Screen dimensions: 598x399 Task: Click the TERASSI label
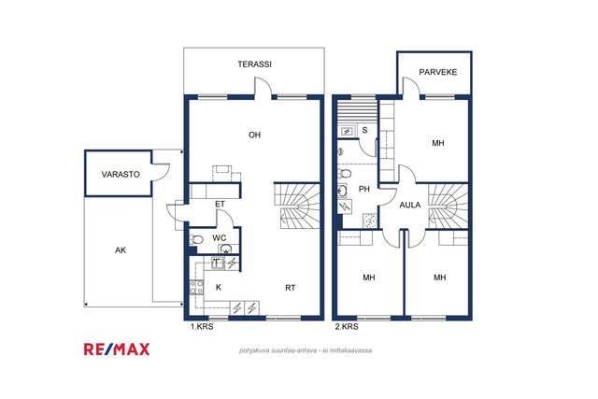pyautogui.click(x=254, y=64)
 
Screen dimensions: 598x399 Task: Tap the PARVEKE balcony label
pyautogui.click(x=438, y=72)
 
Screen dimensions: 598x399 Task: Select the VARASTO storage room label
pyautogui.click(x=121, y=175)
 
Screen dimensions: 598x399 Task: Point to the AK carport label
pyautogui.click(x=121, y=250)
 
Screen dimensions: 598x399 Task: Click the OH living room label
pyautogui.click(x=254, y=135)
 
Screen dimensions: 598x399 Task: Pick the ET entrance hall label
pyautogui.click(x=220, y=204)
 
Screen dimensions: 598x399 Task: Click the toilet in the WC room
pyautogui.click(x=196, y=239)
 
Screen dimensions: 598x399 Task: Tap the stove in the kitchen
pyautogui.click(x=196, y=287)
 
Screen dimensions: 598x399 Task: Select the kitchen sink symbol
pyautogui.click(x=218, y=264)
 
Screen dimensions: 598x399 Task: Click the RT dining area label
pyautogui.click(x=291, y=288)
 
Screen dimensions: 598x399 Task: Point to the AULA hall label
pyautogui.click(x=410, y=205)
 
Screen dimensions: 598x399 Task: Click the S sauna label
pyautogui.click(x=365, y=130)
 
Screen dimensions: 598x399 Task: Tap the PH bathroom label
pyautogui.click(x=364, y=189)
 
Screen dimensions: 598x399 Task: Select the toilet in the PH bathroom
pyautogui.click(x=345, y=174)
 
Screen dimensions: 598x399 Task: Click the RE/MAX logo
pyautogui.click(x=117, y=349)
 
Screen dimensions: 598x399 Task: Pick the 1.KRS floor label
pyautogui.click(x=202, y=327)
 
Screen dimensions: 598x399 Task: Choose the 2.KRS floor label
pyautogui.click(x=347, y=327)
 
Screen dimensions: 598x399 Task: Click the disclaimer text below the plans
pyautogui.click(x=306, y=350)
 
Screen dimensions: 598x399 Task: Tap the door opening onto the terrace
pyautogui.click(x=263, y=86)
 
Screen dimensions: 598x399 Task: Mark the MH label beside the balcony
pyautogui.click(x=438, y=143)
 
